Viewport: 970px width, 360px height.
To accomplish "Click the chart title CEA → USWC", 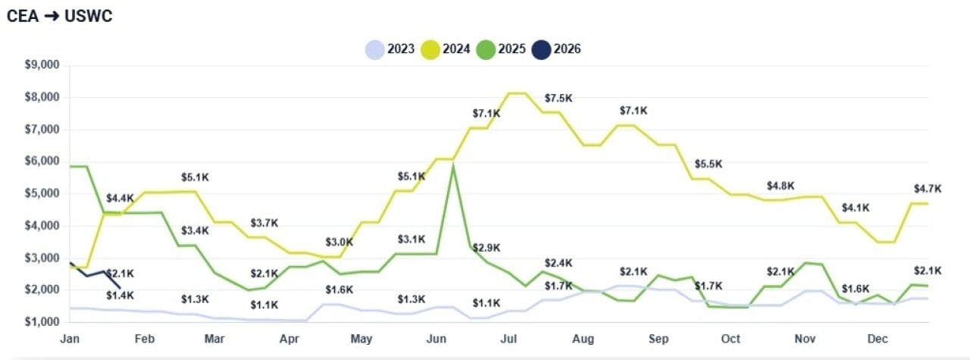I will pyautogui.click(x=59, y=16).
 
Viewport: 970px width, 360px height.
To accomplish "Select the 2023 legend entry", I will pyautogui.click(x=391, y=49).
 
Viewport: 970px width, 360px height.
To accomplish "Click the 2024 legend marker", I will pyautogui.click(x=430, y=49).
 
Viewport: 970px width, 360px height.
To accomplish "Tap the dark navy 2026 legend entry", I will pyautogui.click(x=557, y=49).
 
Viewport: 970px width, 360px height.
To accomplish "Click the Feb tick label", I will pyautogui.click(x=144, y=339).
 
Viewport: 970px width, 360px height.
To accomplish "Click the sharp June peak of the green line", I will pyautogui.click(x=452, y=166).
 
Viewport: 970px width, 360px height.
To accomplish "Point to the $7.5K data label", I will pyautogui.click(x=559, y=99).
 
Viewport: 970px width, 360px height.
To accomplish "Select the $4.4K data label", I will pyautogui.click(x=120, y=199).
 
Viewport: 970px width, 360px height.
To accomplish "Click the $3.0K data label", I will pyautogui.click(x=339, y=242).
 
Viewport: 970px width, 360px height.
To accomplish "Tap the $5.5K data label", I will pyautogui.click(x=708, y=164).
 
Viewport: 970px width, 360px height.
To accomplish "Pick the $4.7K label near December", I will pyautogui.click(x=928, y=188).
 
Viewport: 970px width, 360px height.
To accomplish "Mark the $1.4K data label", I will pyautogui.click(x=120, y=295).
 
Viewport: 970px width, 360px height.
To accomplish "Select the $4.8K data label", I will pyautogui.click(x=781, y=185).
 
